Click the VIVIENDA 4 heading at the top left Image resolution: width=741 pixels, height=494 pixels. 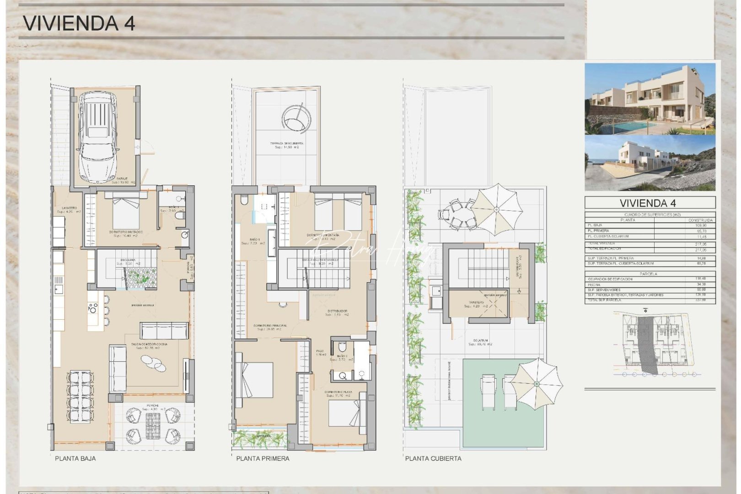pyautogui.click(x=79, y=23)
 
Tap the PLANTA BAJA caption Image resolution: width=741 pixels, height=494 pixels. pyautogui.click(x=75, y=458)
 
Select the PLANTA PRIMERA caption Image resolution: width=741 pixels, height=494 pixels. pyautogui.click(x=263, y=458)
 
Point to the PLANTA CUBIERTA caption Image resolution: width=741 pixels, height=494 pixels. pyautogui.click(x=433, y=458)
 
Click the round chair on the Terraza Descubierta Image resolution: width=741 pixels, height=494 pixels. pyautogui.click(x=295, y=119)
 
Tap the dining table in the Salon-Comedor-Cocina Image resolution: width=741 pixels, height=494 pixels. pyautogui.click(x=81, y=397)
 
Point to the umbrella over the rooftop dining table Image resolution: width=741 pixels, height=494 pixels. pyautogui.click(x=496, y=209)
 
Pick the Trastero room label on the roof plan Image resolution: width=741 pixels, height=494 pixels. pyautogui.click(x=476, y=303)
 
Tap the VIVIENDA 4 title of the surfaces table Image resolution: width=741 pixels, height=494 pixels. pyautogui.click(x=650, y=203)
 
